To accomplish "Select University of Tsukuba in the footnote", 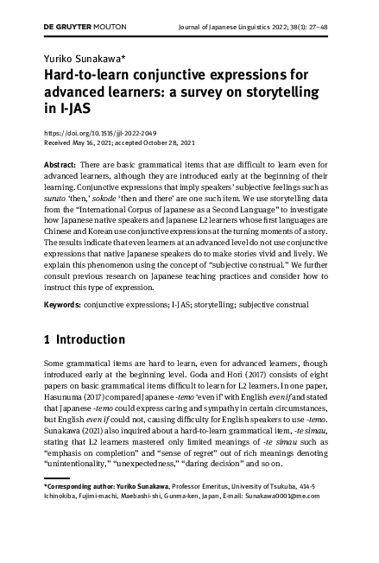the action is tap(281, 486).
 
